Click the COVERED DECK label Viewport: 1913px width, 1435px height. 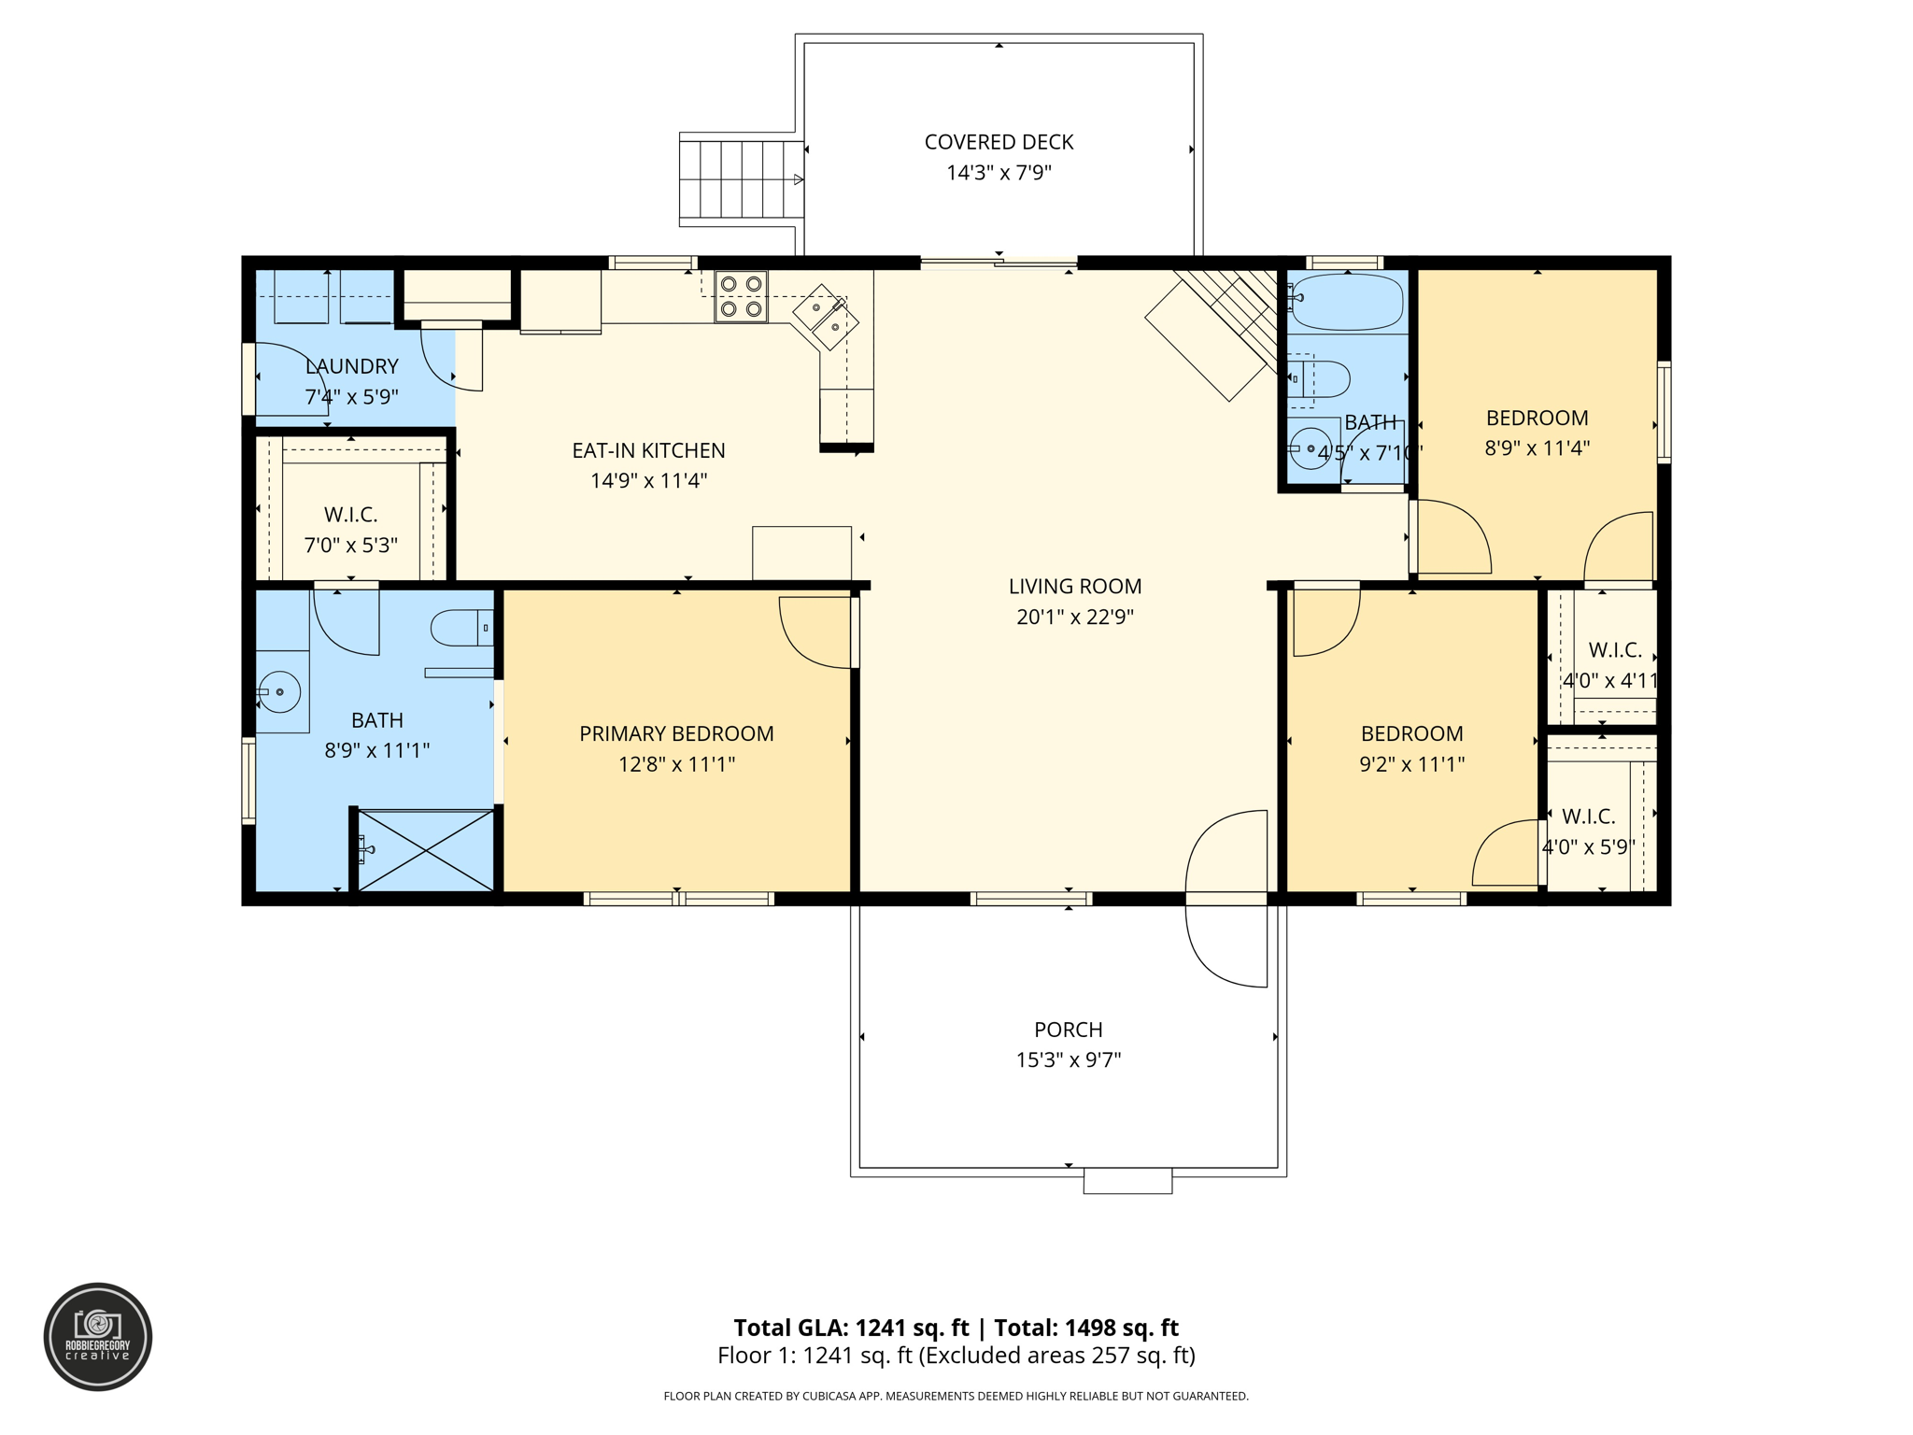point(999,142)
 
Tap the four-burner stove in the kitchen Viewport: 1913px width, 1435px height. point(741,296)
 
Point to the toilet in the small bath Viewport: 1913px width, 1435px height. point(1319,379)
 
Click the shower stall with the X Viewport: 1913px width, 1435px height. point(425,849)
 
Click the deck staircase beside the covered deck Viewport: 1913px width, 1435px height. point(741,179)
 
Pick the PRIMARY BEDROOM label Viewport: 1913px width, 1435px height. point(676,734)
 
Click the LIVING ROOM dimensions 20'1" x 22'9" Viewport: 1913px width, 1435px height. point(1075,617)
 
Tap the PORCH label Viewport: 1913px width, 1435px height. point(1069,1030)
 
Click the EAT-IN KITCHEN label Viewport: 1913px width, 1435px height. point(648,450)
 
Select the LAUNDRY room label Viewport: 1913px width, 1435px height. point(352,366)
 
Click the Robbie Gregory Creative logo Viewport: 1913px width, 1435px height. point(98,1337)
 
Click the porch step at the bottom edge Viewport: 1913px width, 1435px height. point(1127,1181)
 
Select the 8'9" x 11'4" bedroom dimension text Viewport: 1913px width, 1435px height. point(1537,448)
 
